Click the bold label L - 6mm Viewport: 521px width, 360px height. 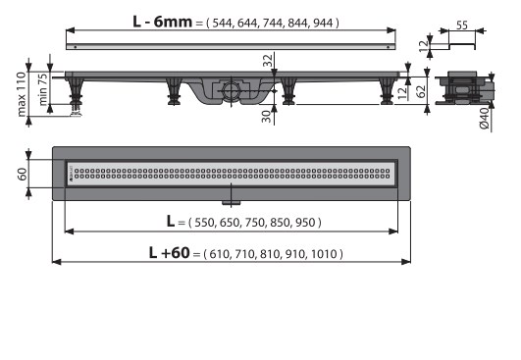162,22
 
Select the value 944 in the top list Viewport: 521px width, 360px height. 323,23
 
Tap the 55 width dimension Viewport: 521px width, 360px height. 462,25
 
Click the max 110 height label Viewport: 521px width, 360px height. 22,94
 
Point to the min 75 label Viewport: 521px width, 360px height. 43,89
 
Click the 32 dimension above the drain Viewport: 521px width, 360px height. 268,60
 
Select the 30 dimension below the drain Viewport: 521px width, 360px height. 266,117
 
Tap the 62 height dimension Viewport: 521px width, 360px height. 421,91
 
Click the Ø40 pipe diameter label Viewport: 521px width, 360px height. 485,119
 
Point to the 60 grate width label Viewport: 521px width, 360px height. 22,174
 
